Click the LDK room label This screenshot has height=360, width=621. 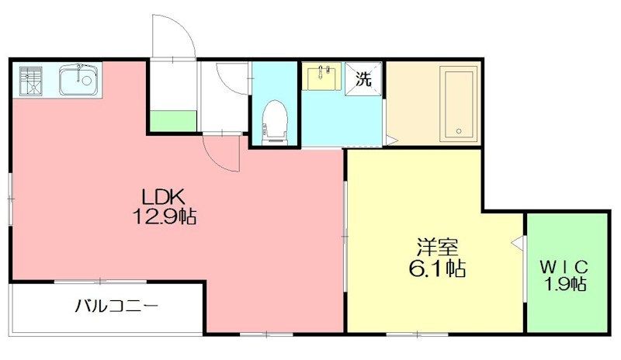tap(164, 196)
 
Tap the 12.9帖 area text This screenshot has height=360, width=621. tap(164, 216)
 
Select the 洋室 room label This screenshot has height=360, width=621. tap(437, 247)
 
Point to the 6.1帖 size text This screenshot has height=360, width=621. tap(437, 268)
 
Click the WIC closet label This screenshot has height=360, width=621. tap(564, 268)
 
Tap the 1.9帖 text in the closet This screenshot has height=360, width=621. tap(566, 283)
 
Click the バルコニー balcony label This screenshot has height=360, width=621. tap(117, 306)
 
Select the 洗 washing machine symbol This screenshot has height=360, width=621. tap(363, 79)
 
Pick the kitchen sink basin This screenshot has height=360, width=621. tap(79, 80)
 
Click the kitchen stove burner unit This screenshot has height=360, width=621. tap(31, 81)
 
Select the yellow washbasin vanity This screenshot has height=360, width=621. tap(321, 76)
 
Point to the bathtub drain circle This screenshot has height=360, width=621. tap(459, 131)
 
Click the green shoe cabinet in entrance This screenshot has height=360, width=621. tap(173, 121)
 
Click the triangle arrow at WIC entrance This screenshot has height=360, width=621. tap(517, 242)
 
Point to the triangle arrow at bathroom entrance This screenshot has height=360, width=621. tap(391, 140)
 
